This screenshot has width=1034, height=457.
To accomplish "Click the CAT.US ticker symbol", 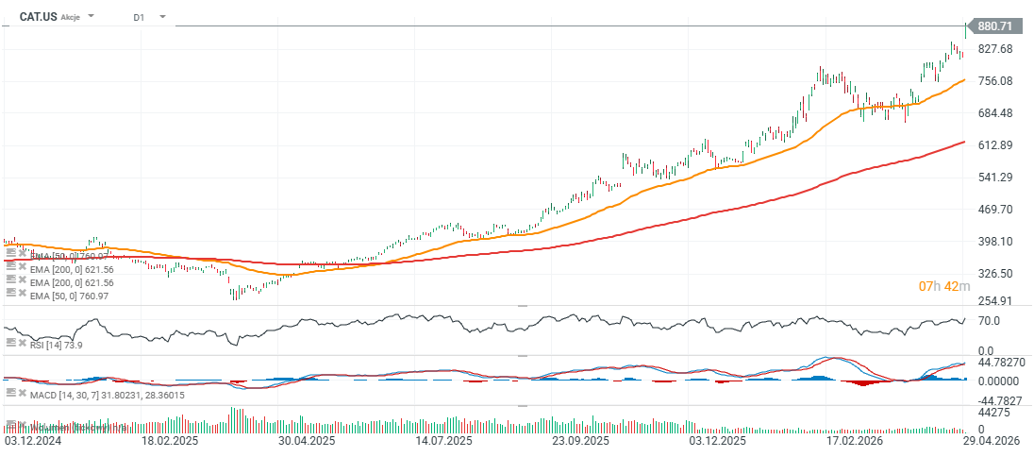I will point(39,17).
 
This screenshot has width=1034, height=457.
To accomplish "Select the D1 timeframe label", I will point(139,17).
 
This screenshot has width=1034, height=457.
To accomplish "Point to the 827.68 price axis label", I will point(995,49).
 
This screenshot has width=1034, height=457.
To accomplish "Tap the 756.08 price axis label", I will point(995,81).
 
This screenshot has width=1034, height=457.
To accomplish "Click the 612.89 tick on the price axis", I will point(995,145).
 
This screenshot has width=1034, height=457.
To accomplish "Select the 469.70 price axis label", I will point(995,210).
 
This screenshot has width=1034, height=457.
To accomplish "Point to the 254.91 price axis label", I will point(995,301).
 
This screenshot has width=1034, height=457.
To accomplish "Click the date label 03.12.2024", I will point(32,441).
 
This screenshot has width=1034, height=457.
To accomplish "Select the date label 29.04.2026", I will point(996,441).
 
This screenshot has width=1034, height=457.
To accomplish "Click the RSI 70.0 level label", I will point(990,322).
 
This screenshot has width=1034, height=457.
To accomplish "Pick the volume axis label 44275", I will point(995,413).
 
